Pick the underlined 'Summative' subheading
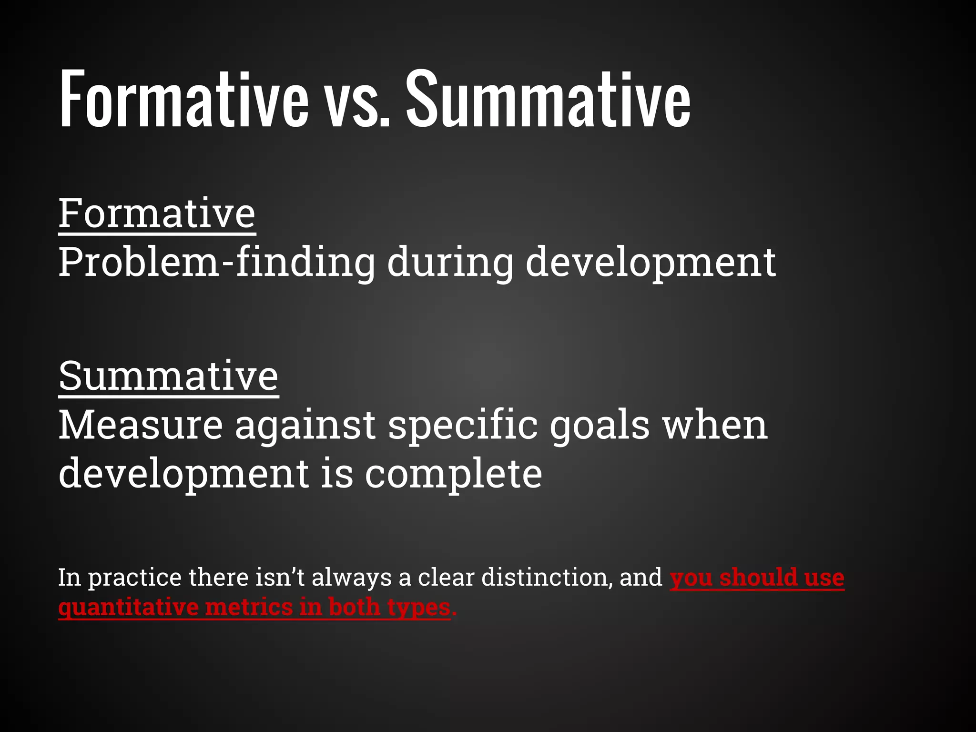coord(168,376)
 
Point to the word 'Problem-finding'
coord(217,262)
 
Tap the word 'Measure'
coord(141,425)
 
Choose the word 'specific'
coord(463,425)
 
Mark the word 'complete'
coord(453,475)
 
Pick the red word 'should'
coord(758,577)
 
